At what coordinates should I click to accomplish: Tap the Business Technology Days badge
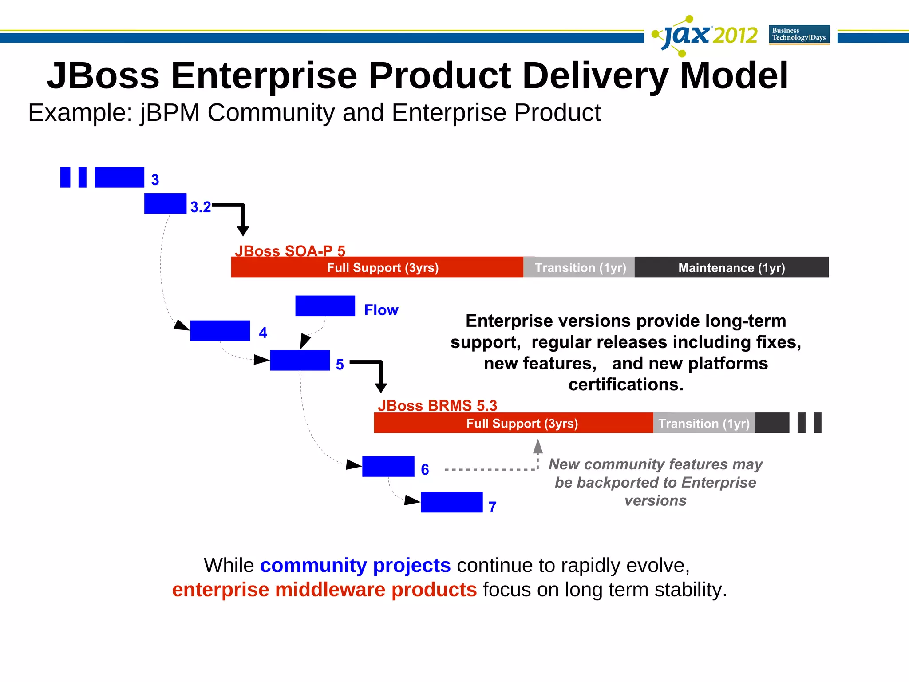799,35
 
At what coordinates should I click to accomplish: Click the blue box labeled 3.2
165,203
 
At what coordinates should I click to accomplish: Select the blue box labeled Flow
325,306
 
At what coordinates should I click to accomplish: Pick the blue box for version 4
220,331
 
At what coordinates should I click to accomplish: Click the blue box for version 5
300,360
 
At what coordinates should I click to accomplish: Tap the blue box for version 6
388,466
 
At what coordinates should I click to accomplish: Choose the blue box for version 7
451,502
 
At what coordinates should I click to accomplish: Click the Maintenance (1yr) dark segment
731,267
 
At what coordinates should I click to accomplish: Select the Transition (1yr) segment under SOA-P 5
579,267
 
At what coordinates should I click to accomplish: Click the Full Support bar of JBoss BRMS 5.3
513,423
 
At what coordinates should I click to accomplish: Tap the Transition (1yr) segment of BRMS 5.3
703,423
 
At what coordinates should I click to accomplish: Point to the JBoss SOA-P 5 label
290,251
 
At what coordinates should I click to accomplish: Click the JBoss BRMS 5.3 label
437,405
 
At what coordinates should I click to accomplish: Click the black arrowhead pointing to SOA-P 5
243,231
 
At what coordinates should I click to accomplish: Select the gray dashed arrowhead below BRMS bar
538,446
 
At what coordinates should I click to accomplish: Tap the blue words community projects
355,566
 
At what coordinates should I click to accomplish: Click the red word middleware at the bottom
331,590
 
